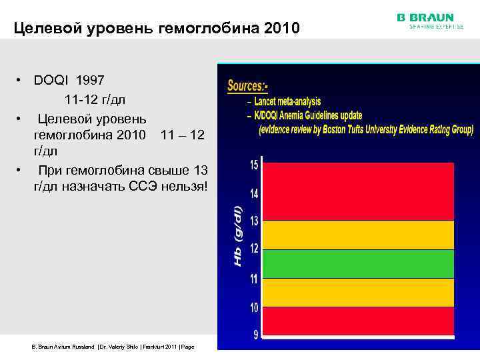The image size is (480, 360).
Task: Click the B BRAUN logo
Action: point(425,17)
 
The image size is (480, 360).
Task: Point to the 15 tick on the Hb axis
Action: point(255,164)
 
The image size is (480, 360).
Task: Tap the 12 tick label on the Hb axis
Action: point(255,249)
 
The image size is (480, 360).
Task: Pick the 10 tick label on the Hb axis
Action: point(255,307)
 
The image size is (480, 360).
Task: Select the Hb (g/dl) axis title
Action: point(238,235)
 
